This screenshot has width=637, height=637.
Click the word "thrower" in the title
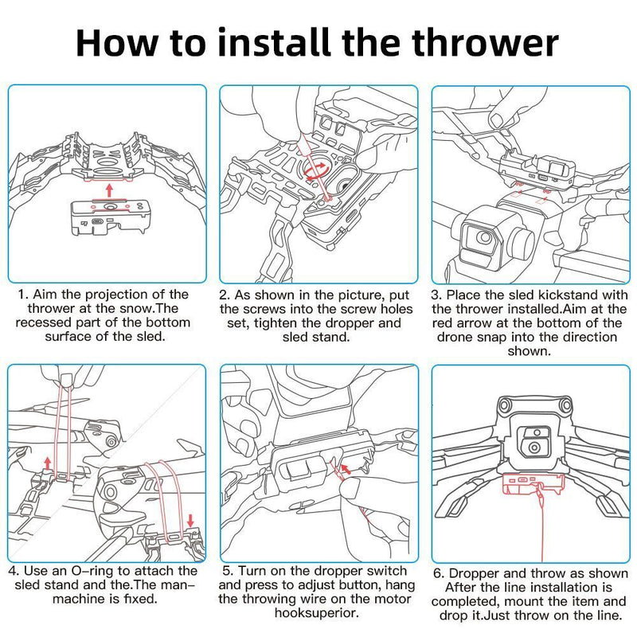[486, 43]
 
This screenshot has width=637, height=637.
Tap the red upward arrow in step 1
[108, 190]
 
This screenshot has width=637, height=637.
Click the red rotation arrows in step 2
[316, 172]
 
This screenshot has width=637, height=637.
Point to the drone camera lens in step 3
[483, 237]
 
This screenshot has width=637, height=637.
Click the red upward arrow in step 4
[48, 463]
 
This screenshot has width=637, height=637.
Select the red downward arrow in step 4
[190, 521]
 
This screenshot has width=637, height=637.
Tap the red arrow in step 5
[346, 469]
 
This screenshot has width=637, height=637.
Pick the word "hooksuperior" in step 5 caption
[316, 612]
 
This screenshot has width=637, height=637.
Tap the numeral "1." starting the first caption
[23, 295]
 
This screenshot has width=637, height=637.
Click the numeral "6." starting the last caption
[439, 573]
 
